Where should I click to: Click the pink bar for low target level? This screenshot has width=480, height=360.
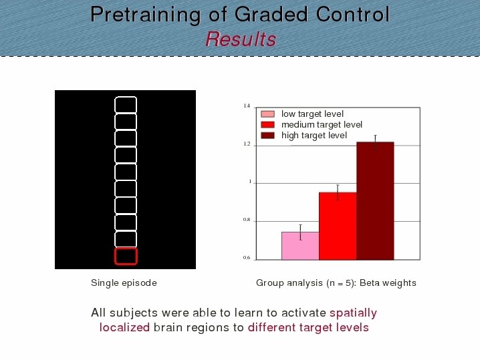300,246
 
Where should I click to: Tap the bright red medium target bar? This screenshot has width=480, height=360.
338,226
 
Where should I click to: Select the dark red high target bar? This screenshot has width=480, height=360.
375,201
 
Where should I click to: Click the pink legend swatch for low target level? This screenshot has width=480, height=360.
267,114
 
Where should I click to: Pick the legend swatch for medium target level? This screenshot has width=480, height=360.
267,125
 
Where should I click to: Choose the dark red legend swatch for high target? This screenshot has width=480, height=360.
267,135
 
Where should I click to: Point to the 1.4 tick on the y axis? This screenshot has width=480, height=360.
247,106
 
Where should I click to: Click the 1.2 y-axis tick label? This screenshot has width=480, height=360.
247,144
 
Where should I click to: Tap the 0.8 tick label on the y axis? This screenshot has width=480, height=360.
247,220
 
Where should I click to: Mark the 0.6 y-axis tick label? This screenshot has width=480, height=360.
247,258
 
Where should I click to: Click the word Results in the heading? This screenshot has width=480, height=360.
241,39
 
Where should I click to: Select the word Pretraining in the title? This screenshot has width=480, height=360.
146,15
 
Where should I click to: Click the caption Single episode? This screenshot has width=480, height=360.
124,283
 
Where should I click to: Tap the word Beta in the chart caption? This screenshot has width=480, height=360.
369,283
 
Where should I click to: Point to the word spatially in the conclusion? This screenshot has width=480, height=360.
353,313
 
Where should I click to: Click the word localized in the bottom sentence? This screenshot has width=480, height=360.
124,327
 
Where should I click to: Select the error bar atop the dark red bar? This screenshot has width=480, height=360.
375,142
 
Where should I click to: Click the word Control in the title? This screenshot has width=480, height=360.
353,14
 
